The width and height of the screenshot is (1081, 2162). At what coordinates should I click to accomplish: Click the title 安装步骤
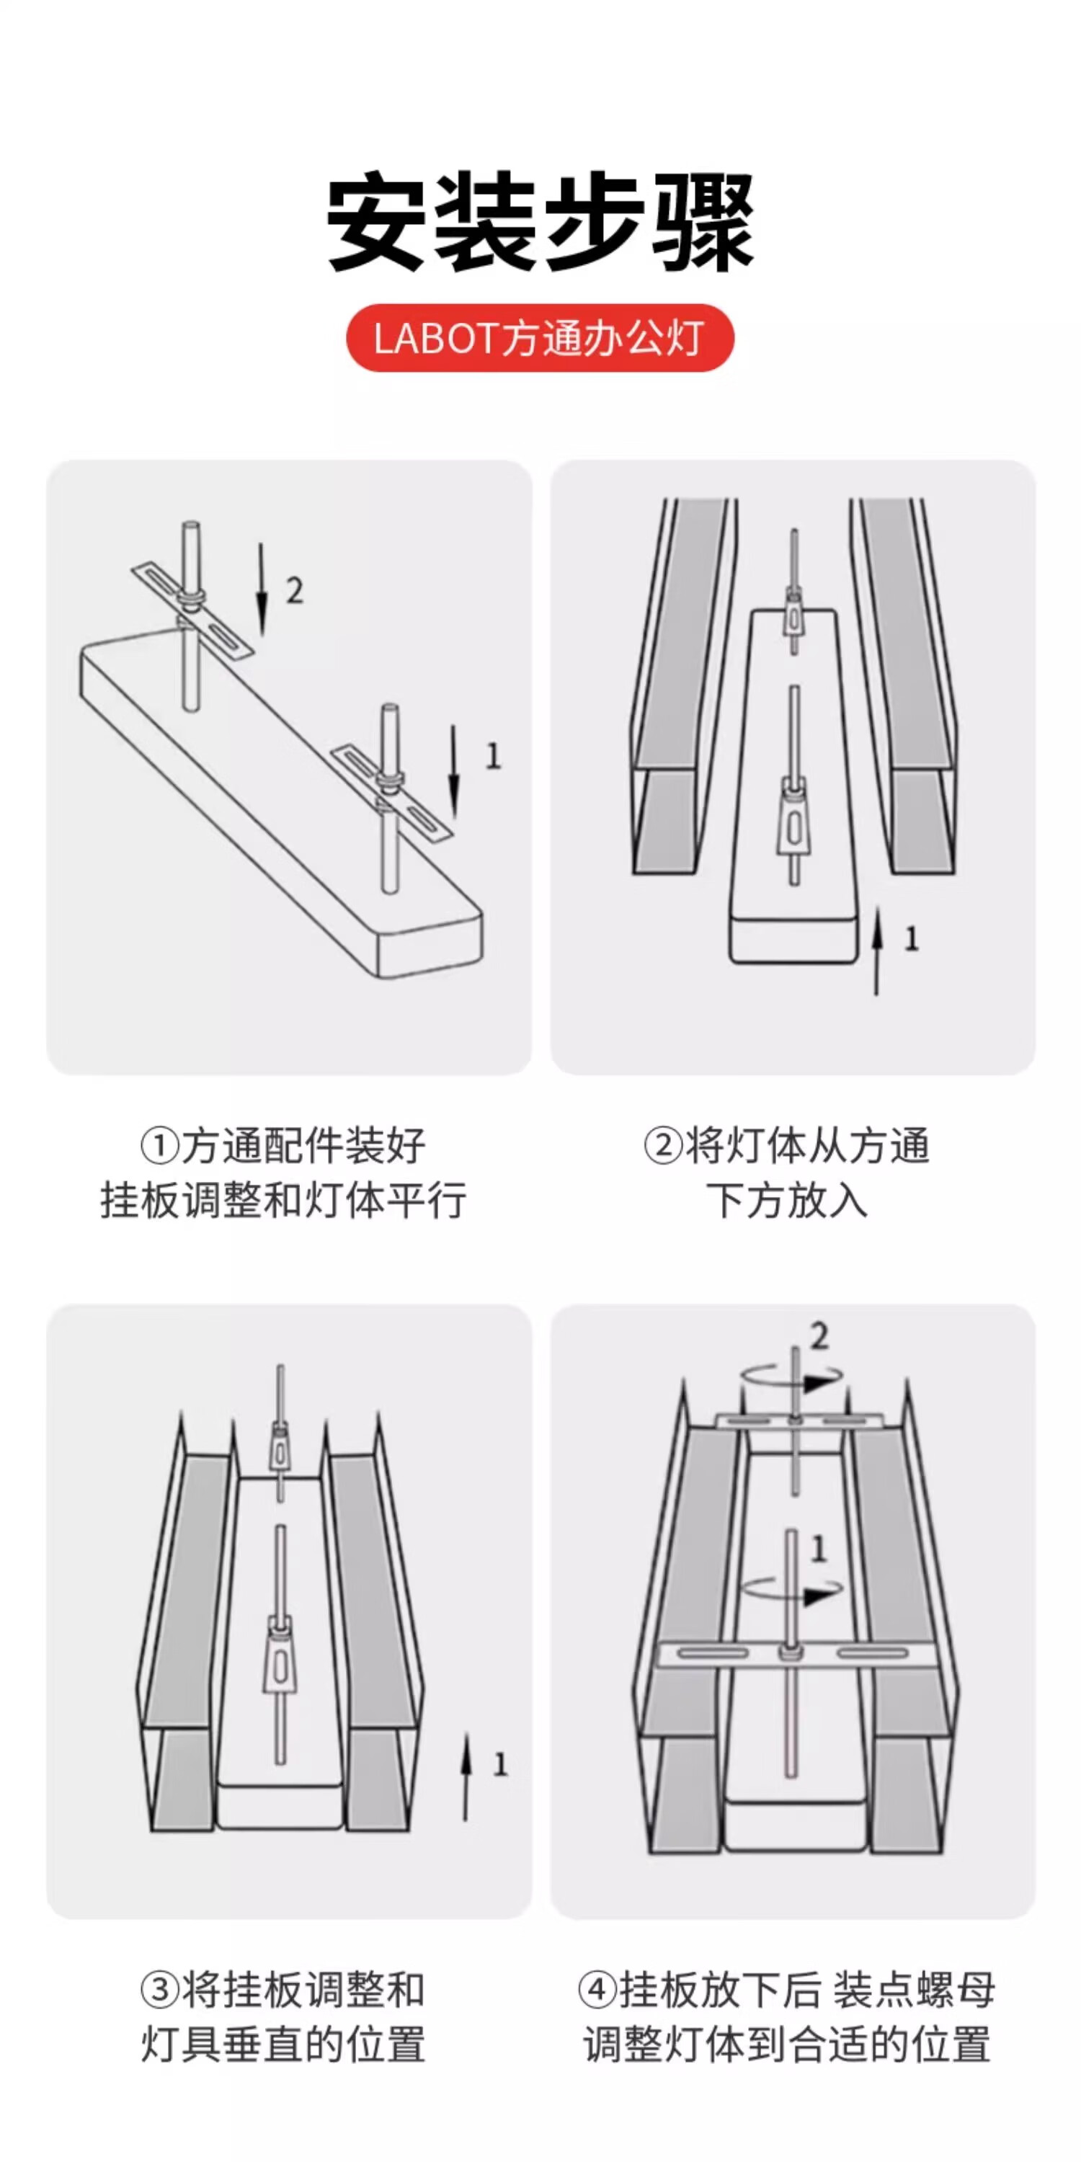(540, 223)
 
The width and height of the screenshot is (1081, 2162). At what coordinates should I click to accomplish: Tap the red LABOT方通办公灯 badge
(540, 338)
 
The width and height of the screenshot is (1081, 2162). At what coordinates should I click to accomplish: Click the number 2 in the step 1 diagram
(294, 591)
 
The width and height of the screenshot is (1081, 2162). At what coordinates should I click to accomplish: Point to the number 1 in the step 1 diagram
(494, 756)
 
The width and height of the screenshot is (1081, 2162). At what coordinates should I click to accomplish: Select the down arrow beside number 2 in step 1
(262, 590)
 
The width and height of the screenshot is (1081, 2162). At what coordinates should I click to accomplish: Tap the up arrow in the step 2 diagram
(877, 950)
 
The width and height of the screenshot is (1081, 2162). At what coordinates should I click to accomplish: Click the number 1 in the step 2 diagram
(912, 939)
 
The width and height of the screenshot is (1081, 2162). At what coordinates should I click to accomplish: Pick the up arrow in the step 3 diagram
(466, 1776)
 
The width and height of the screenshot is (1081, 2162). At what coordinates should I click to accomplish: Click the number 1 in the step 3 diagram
(500, 1765)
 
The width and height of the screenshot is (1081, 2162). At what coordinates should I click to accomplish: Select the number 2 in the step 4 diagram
(819, 1337)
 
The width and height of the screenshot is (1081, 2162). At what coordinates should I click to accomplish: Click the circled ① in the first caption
(159, 1147)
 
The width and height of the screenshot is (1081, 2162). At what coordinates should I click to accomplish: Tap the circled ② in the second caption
(663, 1147)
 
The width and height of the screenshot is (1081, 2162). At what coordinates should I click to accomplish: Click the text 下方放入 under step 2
(786, 1200)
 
